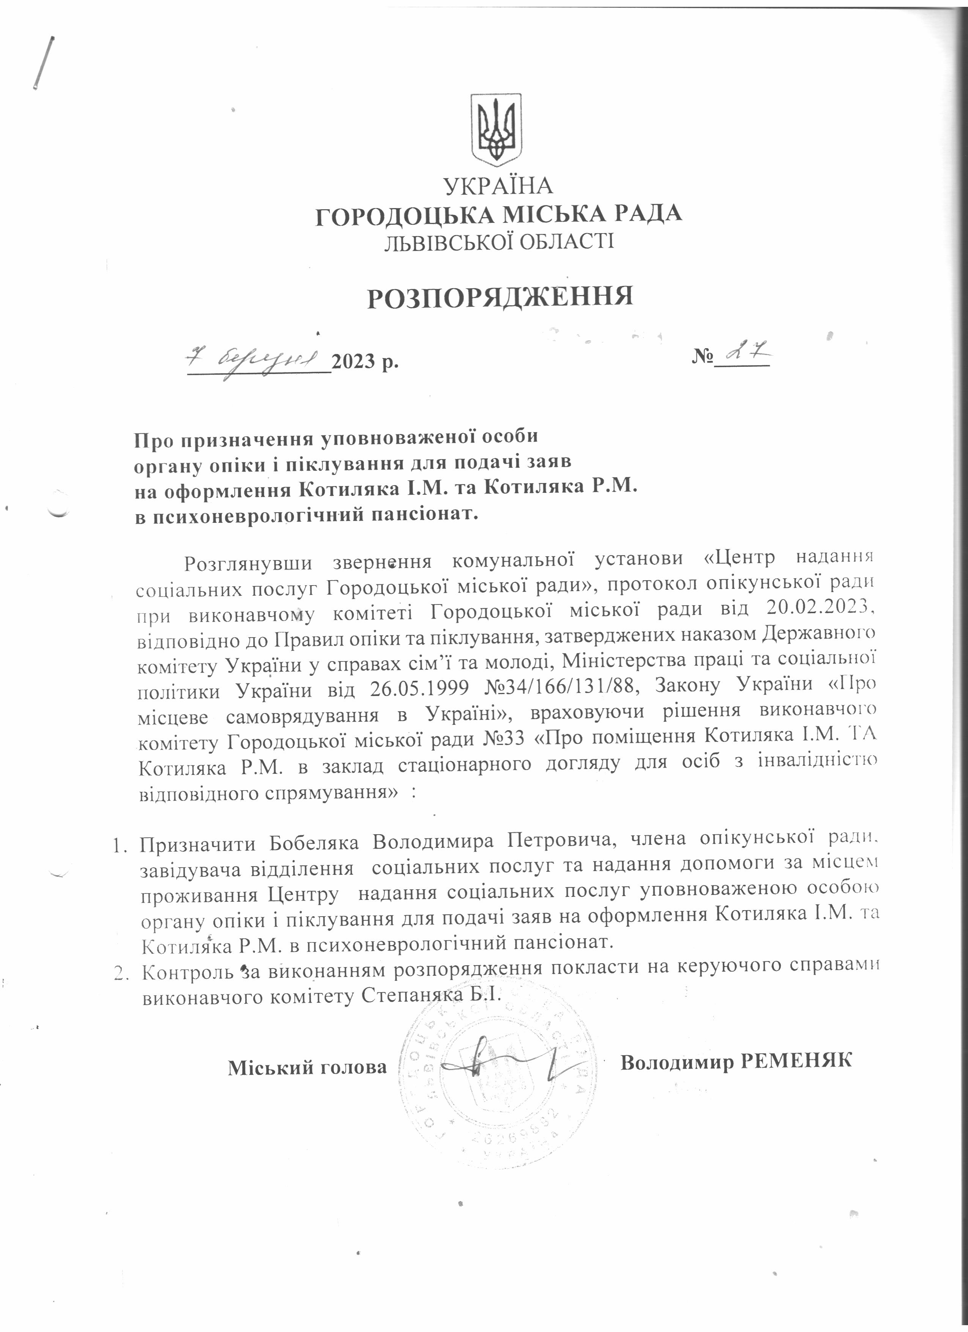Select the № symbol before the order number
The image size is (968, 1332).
coord(702,357)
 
